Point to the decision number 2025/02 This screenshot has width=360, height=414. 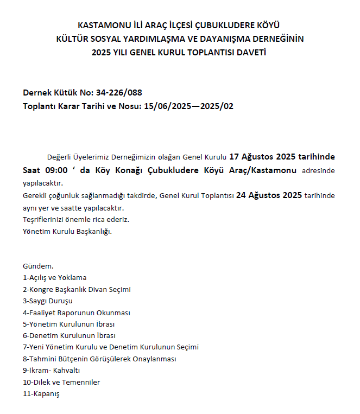coord(217,106)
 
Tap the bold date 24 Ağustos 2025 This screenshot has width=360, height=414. coord(269,195)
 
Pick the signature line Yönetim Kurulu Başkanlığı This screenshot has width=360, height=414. coord(67,232)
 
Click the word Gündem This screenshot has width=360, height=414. coord(38,266)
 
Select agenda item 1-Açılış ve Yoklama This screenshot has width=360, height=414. coord(54,277)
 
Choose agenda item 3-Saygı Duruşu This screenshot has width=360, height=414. coord(47,301)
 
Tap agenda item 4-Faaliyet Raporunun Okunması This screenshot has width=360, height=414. coord(76,313)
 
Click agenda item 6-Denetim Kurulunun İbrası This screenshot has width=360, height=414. coord(69,336)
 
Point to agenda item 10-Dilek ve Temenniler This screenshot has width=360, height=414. coord(61,382)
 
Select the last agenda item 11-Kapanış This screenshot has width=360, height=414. coord(41,394)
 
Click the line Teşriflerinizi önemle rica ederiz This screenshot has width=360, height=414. coord(76,220)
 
